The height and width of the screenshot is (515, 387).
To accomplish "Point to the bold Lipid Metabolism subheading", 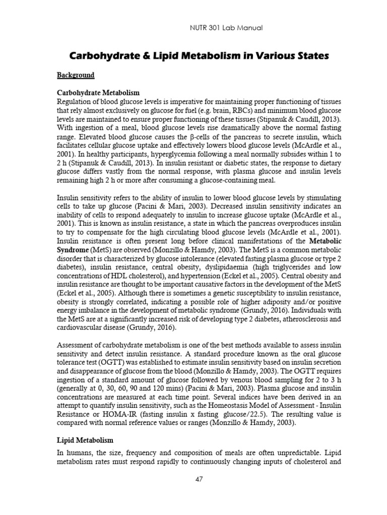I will point(86,440).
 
